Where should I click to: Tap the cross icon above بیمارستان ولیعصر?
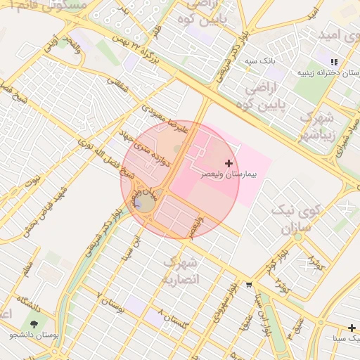click(x=229, y=163)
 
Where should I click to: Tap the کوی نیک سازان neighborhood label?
click(x=301, y=219)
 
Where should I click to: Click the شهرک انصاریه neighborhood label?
click(x=181, y=271)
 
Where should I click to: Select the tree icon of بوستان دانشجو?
click(x=34, y=324)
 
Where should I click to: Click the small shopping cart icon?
click(x=249, y=285)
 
